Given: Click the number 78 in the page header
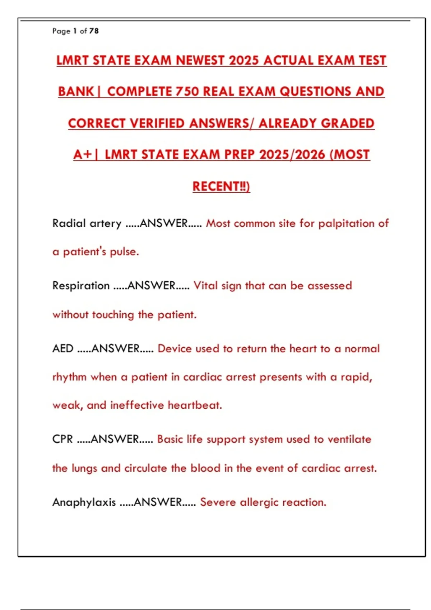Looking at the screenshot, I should tap(94, 31).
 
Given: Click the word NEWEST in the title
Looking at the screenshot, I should tap(200, 60).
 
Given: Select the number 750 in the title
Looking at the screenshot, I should tap(187, 91).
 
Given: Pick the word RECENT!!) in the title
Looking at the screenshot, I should tap(221, 186).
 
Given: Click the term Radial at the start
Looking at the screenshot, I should tap(69, 223).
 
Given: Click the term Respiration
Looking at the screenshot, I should tap(81, 286).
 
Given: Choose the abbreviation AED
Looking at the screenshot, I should tap(63, 348).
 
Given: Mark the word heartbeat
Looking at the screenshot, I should tap(195, 405).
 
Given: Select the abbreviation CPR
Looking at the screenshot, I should tap(62, 439).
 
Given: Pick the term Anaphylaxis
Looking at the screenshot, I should tap(84, 502).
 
